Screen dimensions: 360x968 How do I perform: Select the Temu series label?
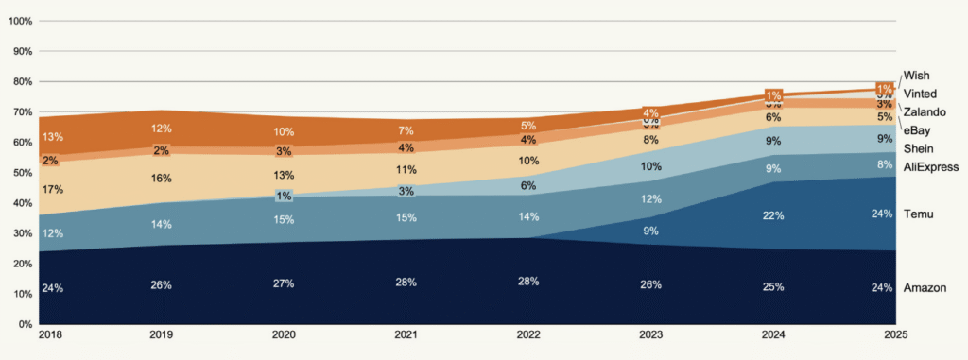(x=919, y=214)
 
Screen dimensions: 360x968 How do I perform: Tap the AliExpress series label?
(x=931, y=167)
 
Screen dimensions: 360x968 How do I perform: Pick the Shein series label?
(x=918, y=149)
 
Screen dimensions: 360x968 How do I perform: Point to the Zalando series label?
(x=925, y=112)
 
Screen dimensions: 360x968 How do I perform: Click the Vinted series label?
(x=920, y=94)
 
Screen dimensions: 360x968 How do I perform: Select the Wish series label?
(x=916, y=75)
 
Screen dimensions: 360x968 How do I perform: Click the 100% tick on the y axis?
(x=20, y=21)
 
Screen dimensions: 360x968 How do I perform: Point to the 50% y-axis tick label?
(x=23, y=173)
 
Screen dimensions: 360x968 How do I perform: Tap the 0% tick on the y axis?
(x=26, y=324)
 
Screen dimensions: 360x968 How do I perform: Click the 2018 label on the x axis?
(x=51, y=335)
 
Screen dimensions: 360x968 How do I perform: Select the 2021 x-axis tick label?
(x=405, y=335)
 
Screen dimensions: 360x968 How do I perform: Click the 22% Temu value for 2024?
(x=773, y=214)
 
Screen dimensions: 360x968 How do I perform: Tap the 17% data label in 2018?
(x=52, y=190)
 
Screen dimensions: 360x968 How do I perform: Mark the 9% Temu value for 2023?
(x=652, y=231)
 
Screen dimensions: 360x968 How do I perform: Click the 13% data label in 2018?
(x=52, y=137)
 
